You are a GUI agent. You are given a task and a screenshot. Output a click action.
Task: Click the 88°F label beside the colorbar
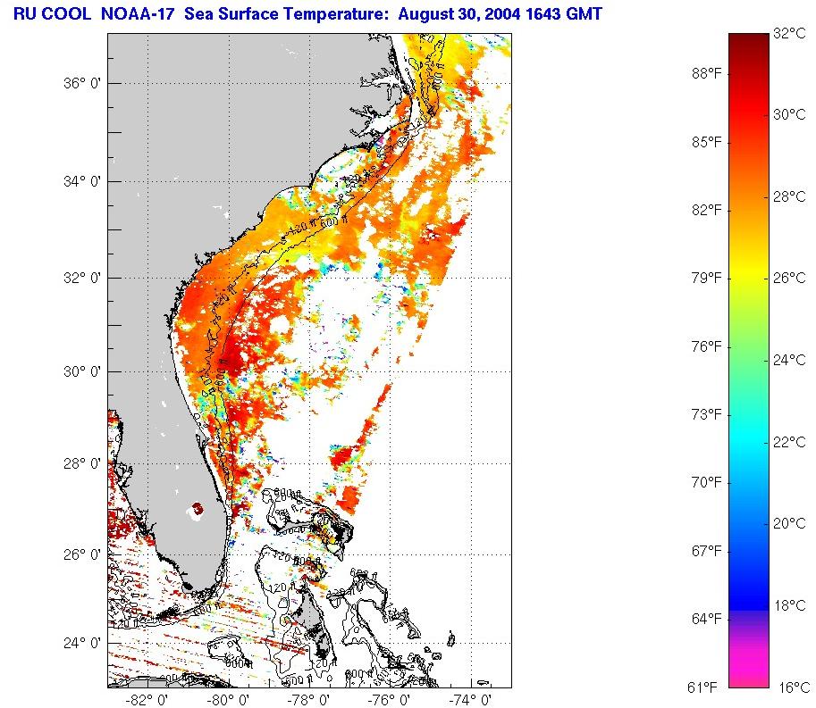[706, 74]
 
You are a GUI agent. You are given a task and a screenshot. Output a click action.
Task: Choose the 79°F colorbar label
[706, 278]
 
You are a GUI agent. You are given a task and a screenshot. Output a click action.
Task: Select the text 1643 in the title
[535, 13]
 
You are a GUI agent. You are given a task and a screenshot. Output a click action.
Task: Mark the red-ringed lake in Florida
[197, 509]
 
